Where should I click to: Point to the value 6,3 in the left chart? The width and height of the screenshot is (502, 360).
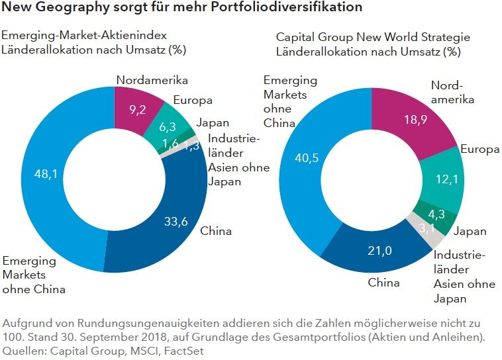coord(168,126)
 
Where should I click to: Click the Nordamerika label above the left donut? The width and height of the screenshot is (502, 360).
coord(152,80)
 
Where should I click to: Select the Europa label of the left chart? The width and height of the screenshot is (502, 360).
coord(192,101)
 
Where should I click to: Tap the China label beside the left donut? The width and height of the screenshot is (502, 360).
coord(215,231)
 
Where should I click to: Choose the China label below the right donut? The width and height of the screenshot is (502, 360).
coord(383,283)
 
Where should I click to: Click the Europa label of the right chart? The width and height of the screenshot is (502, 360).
coord(480,149)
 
